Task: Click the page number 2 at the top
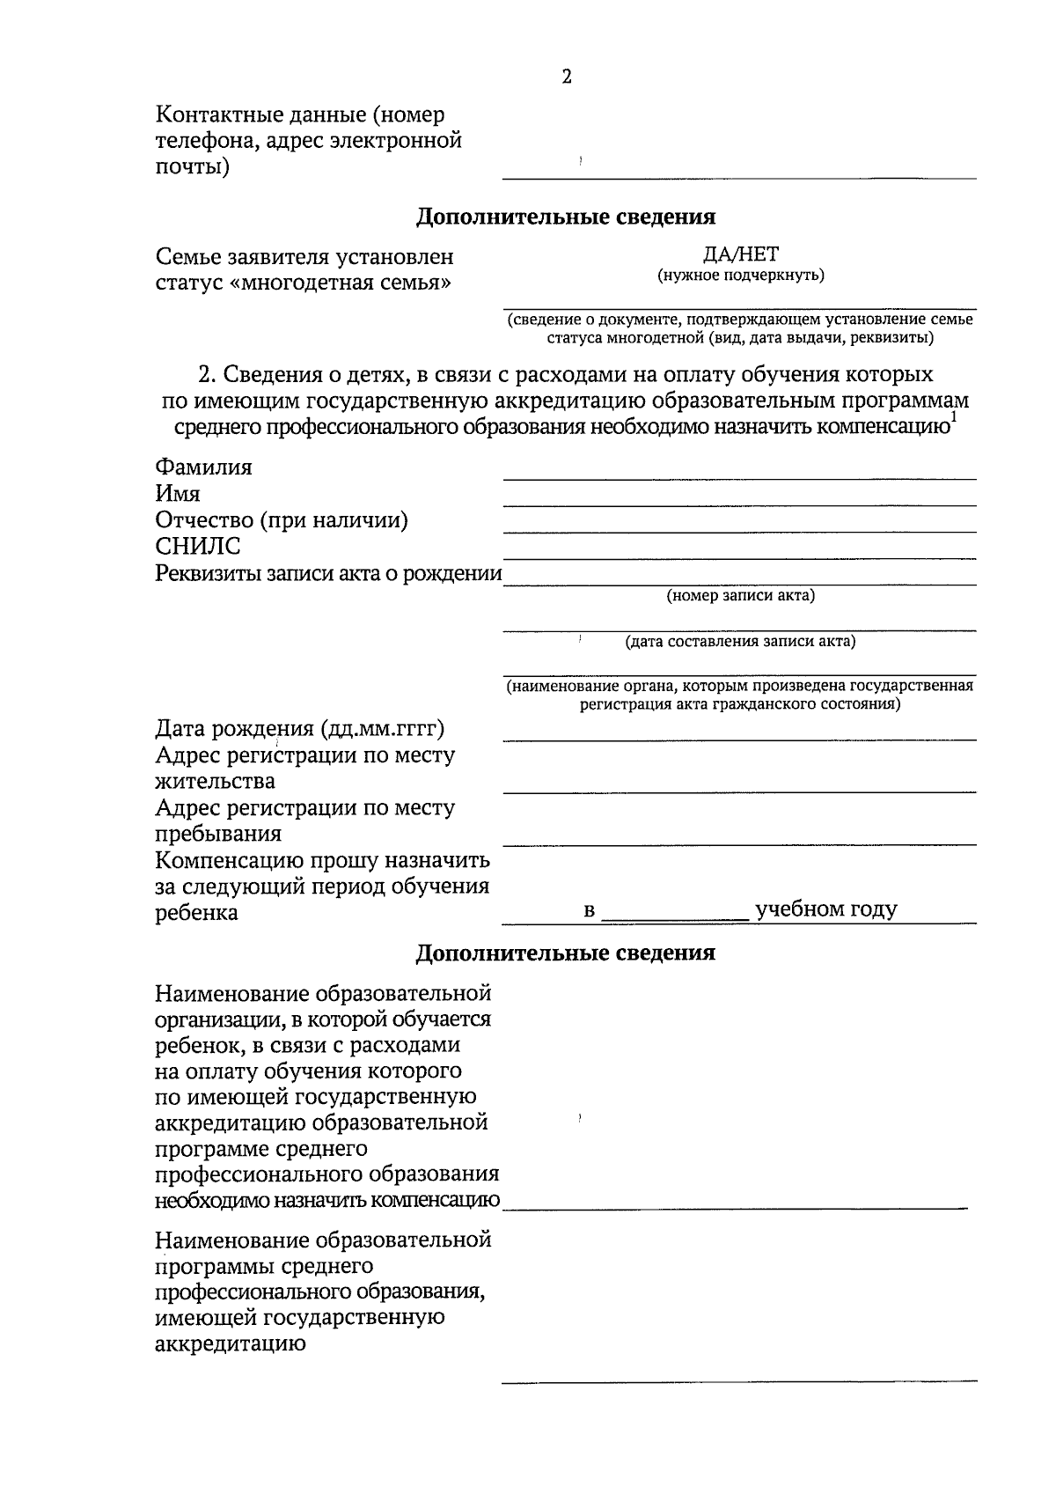point(566,77)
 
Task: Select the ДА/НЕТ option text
point(740,255)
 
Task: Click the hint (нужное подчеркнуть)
point(740,276)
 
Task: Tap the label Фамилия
point(203,467)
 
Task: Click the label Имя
point(178,494)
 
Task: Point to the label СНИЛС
point(198,547)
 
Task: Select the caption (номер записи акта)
point(740,596)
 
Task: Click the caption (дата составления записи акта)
point(740,642)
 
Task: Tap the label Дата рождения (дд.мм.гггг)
point(300,729)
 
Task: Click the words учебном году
point(825,909)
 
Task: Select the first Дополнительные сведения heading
point(565,217)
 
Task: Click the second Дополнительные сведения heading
point(565,953)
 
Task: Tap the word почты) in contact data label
point(193,167)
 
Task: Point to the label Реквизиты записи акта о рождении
point(328,574)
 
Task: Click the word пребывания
point(218,834)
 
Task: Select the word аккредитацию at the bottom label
point(231,1344)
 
